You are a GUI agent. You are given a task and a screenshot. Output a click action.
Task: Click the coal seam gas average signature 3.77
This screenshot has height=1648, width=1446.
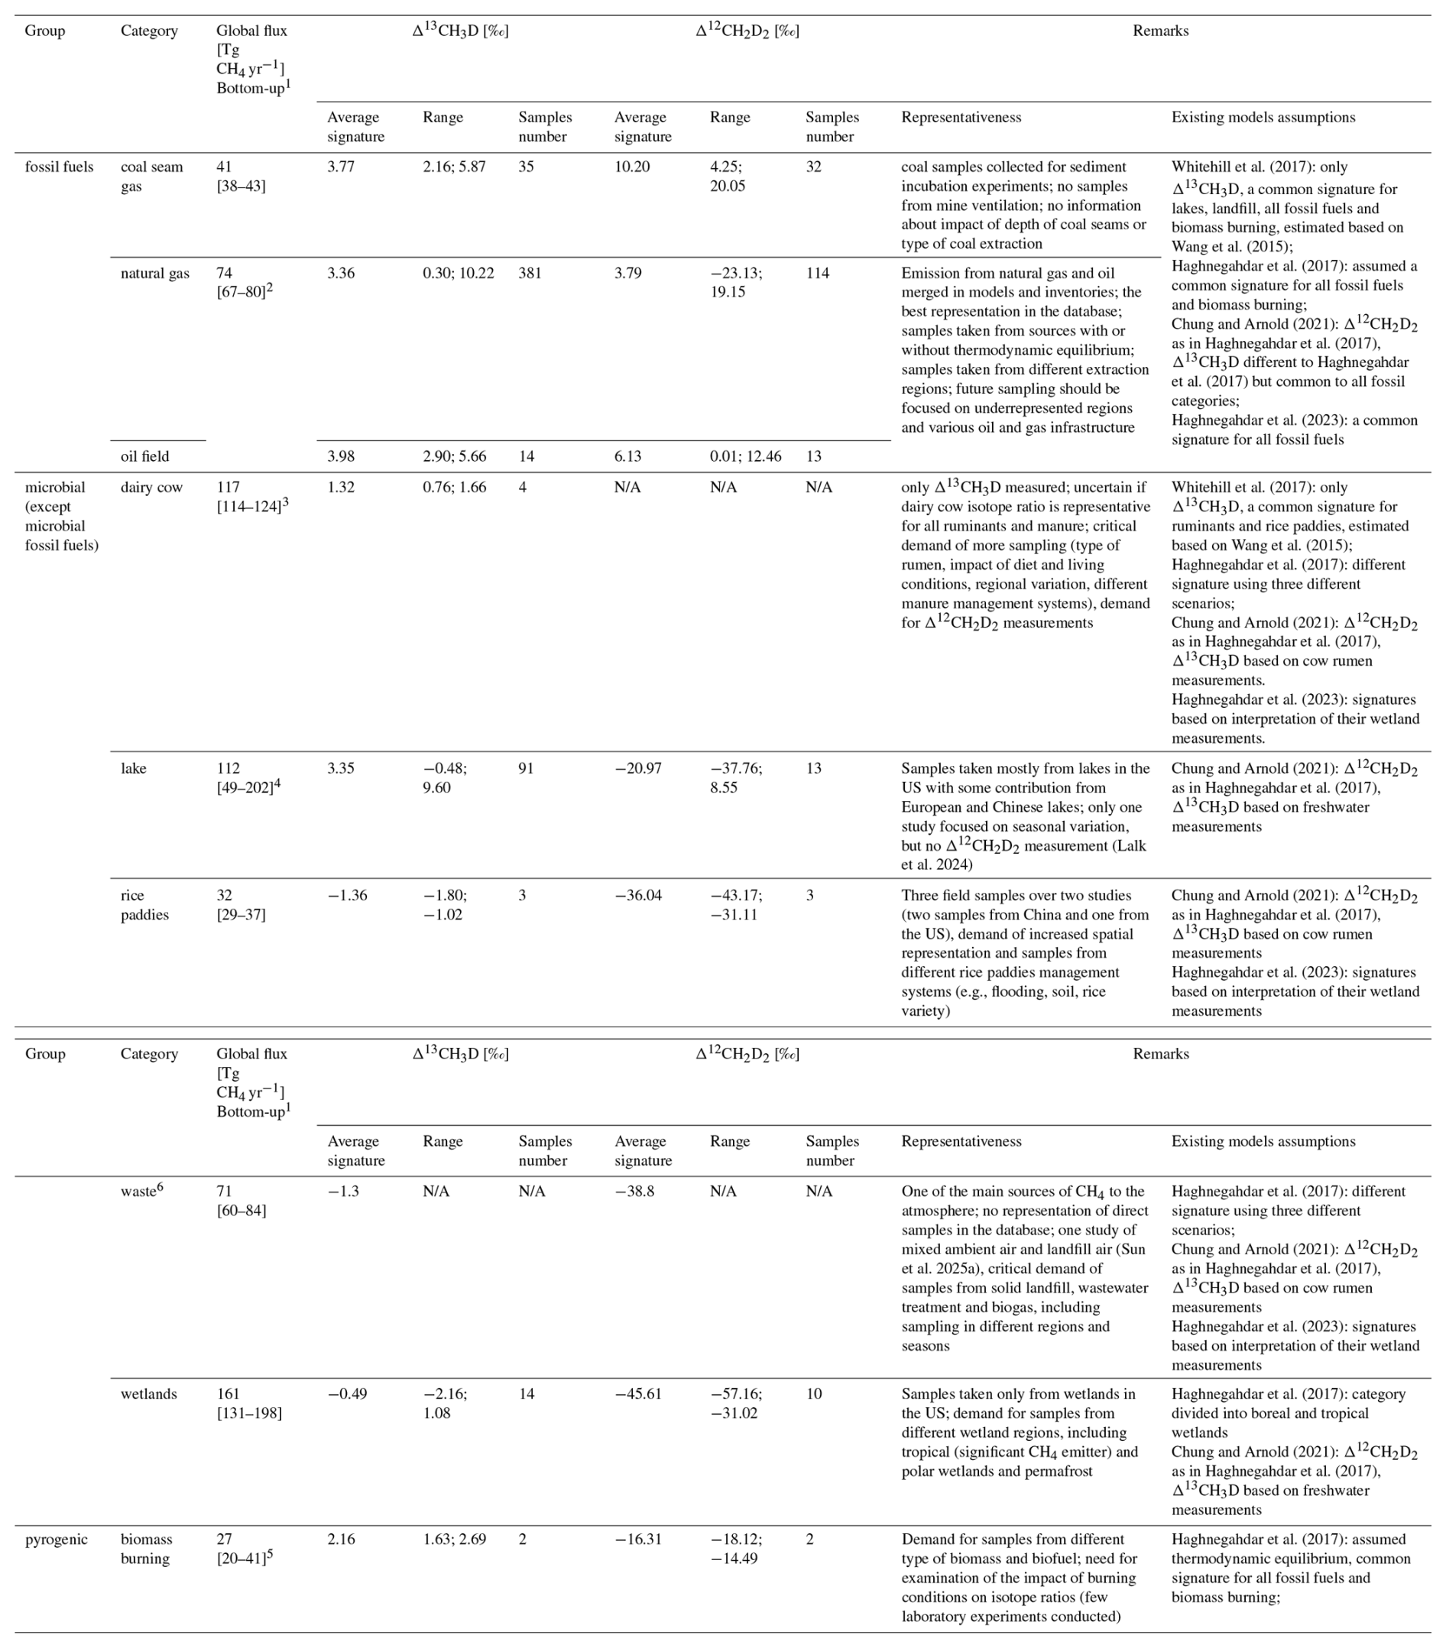[340, 167]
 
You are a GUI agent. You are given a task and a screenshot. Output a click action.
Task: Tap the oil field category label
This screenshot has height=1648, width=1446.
[145, 456]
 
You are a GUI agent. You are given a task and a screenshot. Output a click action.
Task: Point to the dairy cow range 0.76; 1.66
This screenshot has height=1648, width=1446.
[455, 487]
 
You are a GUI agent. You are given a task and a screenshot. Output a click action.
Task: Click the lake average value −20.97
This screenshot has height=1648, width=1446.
[638, 768]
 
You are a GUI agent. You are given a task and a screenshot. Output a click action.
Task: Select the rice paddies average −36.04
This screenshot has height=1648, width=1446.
[638, 895]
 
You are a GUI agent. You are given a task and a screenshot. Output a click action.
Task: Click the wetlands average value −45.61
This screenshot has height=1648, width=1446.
[638, 1394]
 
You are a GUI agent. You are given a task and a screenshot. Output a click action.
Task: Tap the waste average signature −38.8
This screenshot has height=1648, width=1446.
[634, 1191]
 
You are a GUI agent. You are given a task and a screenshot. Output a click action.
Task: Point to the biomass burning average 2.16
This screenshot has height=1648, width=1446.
[340, 1539]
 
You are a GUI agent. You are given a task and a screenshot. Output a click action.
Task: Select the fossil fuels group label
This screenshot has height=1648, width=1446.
[59, 167]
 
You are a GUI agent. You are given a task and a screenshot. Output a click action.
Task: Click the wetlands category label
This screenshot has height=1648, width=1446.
[148, 1394]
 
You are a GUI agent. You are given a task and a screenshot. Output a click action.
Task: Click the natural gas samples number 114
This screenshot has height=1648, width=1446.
[817, 274]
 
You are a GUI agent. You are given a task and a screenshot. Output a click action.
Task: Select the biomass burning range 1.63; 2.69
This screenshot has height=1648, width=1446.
[455, 1539]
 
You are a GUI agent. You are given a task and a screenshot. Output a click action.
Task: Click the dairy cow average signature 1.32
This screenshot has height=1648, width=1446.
[340, 487]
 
